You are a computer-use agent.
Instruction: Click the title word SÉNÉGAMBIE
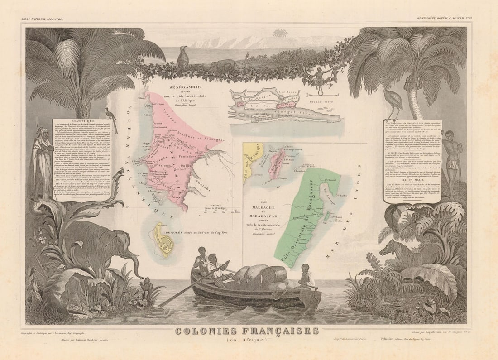(x=170, y=86)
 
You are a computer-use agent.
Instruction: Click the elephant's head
(x=122, y=246)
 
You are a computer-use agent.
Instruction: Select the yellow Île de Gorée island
(x=163, y=240)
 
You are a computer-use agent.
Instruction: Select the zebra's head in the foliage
(x=388, y=248)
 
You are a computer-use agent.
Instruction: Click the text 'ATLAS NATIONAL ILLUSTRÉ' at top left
(x=42, y=19)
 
